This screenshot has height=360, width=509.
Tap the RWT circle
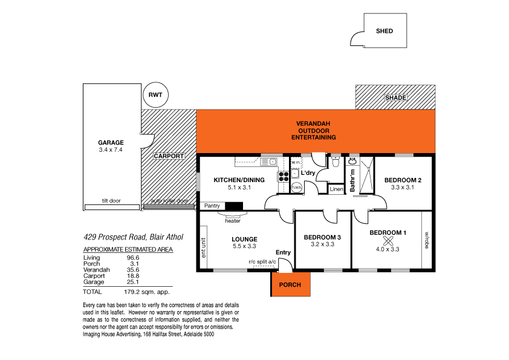pyautogui.click(x=155, y=94)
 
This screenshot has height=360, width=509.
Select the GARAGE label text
pyautogui.click(x=111, y=143)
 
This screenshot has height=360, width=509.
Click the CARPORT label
pyautogui.click(x=168, y=156)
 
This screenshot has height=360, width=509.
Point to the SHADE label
pyautogui.click(x=396, y=98)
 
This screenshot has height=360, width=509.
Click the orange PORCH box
pyautogui.click(x=291, y=284)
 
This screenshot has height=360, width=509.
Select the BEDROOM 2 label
pyautogui.click(x=402, y=180)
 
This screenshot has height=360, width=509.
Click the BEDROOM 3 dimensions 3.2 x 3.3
pyautogui.click(x=322, y=245)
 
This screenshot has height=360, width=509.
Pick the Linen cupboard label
pyautogui.click(x=337, y=189)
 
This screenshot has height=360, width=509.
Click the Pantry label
pyautogui.click(x=212, y=206)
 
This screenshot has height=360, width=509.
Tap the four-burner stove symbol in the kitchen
pyautogui.click(x=283, y=176)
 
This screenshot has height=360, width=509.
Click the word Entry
pyautogui.click(x=283, y=252)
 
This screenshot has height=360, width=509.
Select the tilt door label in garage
pyautogui.click(x=113, y=201)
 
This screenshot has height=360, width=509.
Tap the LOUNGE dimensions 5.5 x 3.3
pyautogui.click(x=244, y=247)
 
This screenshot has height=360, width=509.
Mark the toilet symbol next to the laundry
pyautogui.click(x=334, y=162)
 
